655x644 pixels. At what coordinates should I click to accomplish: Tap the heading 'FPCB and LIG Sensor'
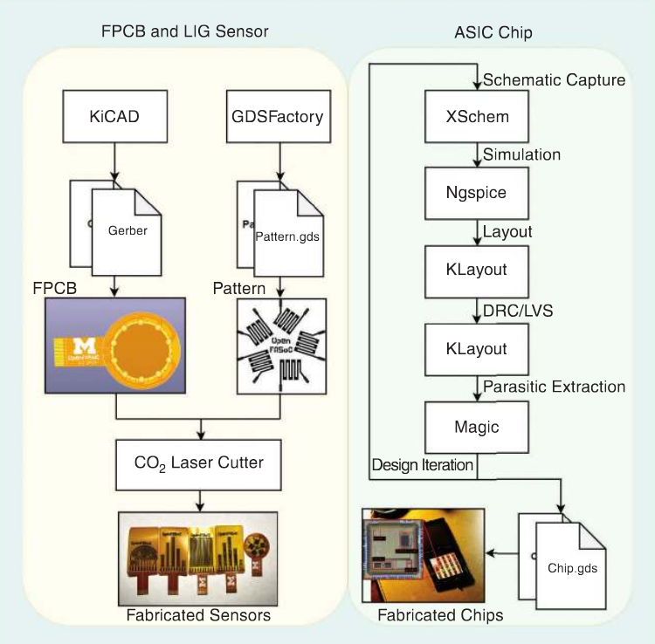pos(184,32)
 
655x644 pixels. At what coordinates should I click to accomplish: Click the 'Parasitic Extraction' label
pos(552,387)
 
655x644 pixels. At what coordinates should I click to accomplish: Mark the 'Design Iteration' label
pos(423,464)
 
